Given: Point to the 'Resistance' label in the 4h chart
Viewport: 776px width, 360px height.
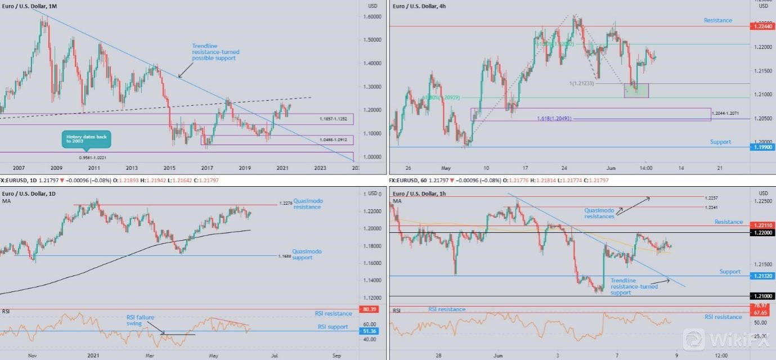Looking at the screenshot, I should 717,20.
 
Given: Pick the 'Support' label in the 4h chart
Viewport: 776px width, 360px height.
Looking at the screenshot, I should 720,142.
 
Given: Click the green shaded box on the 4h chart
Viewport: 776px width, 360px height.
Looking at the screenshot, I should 636,90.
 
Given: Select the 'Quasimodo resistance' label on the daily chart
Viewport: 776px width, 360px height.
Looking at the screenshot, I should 307,204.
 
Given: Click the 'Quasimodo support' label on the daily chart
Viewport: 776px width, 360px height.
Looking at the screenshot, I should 307,254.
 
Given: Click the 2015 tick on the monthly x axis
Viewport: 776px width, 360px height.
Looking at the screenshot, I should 169,168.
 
